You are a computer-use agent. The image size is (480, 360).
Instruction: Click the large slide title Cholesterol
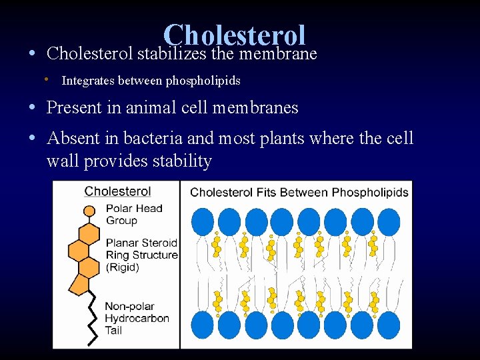pos(234,35)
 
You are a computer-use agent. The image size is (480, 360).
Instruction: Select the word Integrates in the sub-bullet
pos(87,81)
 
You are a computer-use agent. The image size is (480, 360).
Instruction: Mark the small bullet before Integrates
pos(47,80)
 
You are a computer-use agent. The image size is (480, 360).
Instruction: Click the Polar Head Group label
pos(133,214)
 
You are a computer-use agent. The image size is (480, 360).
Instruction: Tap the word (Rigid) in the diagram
pos(122,267)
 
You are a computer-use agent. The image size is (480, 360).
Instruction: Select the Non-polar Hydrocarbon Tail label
pos(137,319)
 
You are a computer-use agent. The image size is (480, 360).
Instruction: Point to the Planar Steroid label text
pos(141,243)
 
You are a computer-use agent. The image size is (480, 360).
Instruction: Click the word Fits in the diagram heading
pos(265,193)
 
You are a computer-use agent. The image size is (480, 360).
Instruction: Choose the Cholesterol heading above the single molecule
pos(117,191)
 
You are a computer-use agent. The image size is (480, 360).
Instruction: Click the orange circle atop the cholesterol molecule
pos(89,212)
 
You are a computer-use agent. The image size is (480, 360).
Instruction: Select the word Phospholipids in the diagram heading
pos(371,193)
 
